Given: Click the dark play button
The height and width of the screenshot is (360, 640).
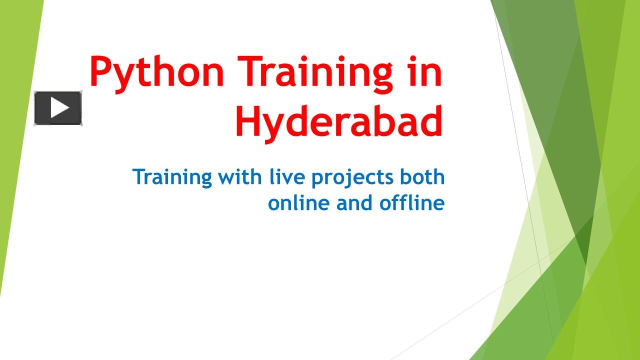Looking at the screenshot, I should tap(58, 108).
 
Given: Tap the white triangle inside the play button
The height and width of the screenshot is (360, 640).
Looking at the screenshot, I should tap(59, 108).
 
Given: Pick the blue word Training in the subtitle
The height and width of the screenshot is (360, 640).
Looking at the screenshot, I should tap(172, 177).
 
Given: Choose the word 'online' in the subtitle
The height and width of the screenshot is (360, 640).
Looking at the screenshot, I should tap(299, 203).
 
